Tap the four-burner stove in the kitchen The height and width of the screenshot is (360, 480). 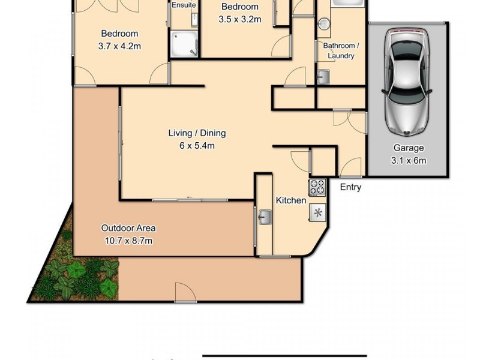317,187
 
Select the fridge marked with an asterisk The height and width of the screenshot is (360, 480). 317,212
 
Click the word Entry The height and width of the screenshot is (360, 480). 350,187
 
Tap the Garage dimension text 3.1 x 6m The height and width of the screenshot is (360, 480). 409,160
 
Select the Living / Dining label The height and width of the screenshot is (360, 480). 197,133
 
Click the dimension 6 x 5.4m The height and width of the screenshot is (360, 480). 197,145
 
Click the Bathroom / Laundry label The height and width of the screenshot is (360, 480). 339,50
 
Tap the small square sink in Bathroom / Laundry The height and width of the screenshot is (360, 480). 323,77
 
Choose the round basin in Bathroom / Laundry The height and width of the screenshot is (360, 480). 323,25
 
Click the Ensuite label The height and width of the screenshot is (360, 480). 183,5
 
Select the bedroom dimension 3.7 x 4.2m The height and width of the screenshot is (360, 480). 120,46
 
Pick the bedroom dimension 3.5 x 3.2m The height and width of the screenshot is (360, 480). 239,19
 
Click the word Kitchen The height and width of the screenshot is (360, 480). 290,200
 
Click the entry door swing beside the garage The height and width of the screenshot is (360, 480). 353,167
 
